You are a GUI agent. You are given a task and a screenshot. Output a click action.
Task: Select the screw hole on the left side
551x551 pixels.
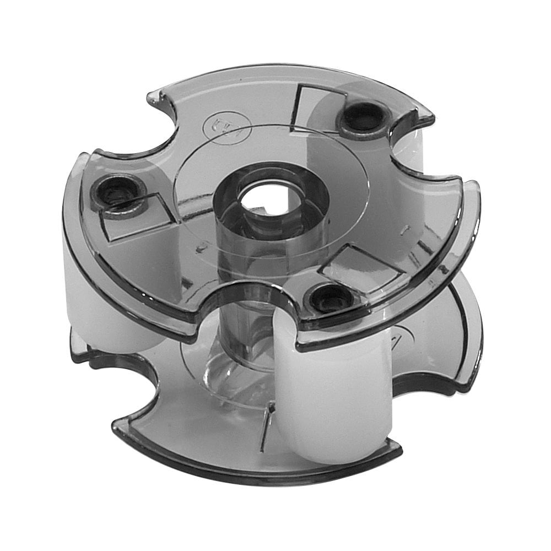click(x=117, y=192)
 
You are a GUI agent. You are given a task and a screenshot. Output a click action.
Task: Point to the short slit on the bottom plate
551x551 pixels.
click(x=267, y=422)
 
